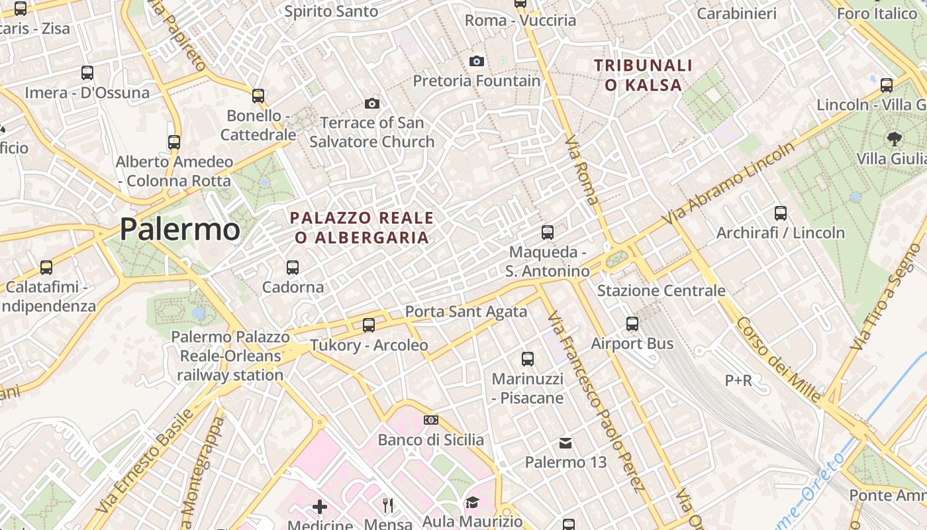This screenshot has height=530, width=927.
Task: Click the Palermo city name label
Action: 179,229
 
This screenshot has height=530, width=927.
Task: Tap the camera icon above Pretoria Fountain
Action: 476,62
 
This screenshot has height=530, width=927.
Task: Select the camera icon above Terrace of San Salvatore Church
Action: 372,103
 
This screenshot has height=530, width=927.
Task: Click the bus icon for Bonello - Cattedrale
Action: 258,96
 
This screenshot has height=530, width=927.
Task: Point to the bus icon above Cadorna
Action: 292,268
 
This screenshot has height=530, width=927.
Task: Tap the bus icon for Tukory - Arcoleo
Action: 369,325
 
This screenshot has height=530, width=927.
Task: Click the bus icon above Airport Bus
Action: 632,324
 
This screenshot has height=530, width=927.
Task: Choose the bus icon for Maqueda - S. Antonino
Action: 548,233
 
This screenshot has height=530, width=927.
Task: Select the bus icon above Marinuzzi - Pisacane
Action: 528,359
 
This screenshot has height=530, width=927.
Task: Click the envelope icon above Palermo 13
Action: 565,443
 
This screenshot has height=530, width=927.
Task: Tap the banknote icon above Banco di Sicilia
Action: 431,420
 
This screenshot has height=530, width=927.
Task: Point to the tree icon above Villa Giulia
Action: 894,139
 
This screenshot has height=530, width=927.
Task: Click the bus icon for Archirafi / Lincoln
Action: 781,213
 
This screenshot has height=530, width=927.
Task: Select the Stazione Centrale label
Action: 661,291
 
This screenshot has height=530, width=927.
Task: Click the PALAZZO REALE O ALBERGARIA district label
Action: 362,227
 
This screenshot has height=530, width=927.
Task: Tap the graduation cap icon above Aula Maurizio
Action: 472,502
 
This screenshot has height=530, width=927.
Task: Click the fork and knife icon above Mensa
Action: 388,505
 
